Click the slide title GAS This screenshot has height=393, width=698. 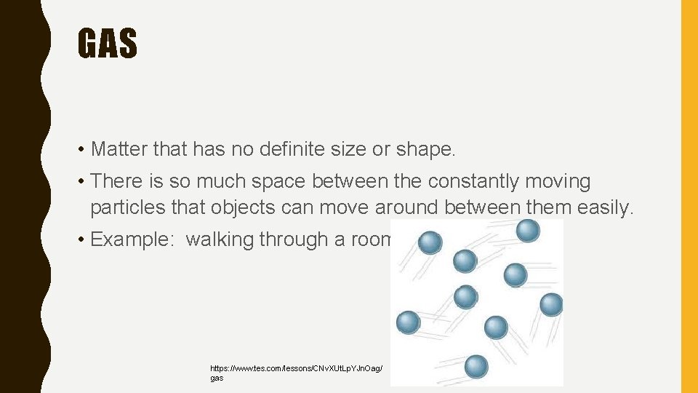(107, 43)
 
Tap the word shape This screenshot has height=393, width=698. (424, 150)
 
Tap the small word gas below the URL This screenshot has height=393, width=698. (217, 378)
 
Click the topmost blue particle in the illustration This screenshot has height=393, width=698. (528, 231)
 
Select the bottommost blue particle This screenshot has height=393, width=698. (476, 365)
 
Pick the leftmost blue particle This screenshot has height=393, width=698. (408, 321)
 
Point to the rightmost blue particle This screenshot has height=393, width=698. (551, 304)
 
